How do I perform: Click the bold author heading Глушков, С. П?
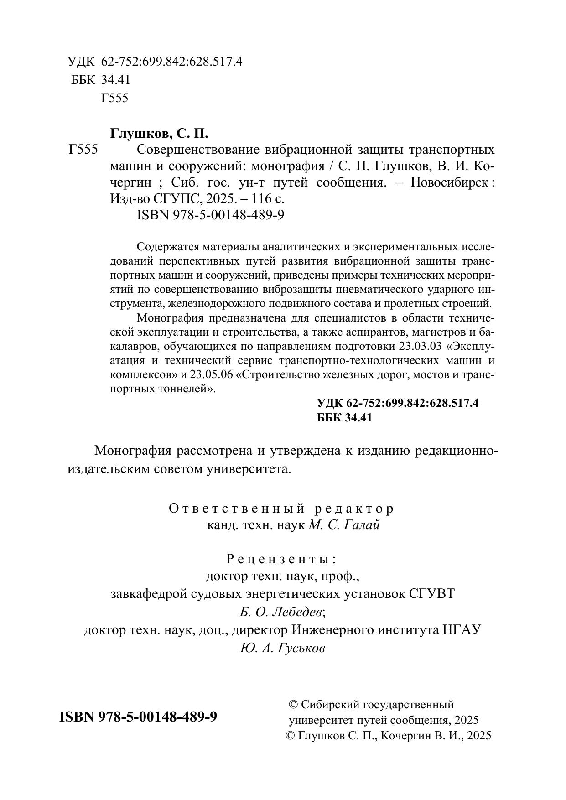click(159, 134)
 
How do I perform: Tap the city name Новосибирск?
click(449, 182)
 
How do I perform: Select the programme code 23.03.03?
click(420, 346)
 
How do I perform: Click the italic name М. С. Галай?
click(344, 525)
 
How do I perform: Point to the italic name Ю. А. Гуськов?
click(282, 648)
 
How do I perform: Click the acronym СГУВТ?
click(431, 594)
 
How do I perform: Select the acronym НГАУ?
click(462, 630)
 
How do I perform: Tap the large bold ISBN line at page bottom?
click(138, 717)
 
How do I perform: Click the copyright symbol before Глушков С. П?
click(291, 735)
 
